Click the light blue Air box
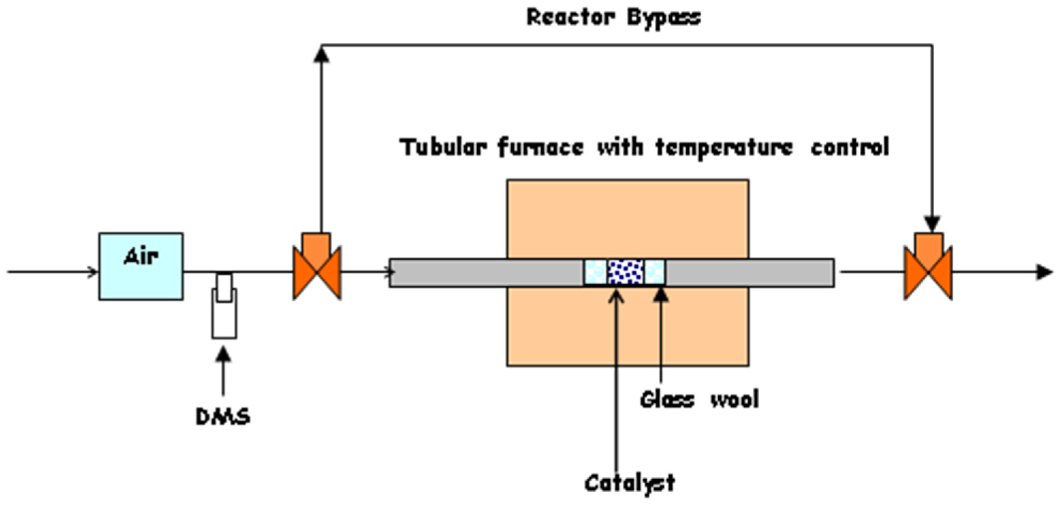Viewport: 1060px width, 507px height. click(x=141, y=266)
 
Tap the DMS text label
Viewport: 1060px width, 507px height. click(x=223, y=417)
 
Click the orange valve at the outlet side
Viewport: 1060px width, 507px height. click(x=928, y=267)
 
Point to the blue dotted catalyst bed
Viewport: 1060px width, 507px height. click(x=625, y=272)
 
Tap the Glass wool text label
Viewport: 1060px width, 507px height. click(x=699, y=399)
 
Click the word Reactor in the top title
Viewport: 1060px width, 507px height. click(x=571, y=18)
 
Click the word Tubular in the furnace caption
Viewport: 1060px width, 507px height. click(x=444, y=147)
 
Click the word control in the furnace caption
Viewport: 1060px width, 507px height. click(x=850, y=147)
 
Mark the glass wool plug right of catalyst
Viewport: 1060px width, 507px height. click(x=654, y=272)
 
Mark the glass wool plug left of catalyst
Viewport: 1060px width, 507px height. click(x=595, y=272)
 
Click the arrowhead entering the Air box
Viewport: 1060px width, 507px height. click(x=93, y=272)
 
